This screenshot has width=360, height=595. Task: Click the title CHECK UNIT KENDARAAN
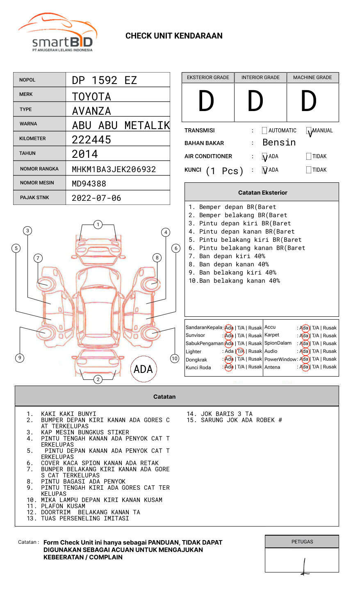(174, 36)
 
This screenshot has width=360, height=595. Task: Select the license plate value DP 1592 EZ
(104, 80)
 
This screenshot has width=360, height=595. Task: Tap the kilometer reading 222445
(91, 140)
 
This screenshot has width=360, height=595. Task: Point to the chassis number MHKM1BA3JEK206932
(114, 169)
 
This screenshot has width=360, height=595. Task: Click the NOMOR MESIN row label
(37, 183)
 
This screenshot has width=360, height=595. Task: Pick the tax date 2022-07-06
(96, 198)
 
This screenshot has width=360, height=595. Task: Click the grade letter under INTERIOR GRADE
(255, 101)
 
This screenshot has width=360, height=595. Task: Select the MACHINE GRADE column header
(312, 77)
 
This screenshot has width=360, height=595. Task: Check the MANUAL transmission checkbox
(309, 131)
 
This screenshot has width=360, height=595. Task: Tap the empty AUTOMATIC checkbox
(264, 131)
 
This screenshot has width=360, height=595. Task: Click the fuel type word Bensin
(279, 143)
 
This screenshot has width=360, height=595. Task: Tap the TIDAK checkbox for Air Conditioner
(309, 156)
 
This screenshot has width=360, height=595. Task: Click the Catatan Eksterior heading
(262, 193)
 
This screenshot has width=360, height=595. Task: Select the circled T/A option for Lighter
(240, 351)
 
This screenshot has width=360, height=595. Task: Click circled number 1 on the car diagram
(98, 224)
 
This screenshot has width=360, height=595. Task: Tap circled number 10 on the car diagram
(175, 359)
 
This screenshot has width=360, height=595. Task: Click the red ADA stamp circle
(143, 369)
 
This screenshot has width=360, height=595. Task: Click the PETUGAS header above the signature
(302, 542)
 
